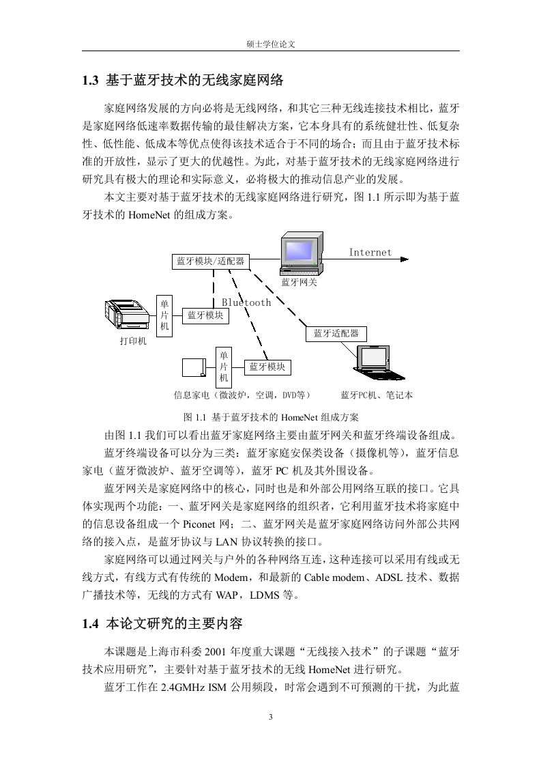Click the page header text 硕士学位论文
pyautogui.click(x=271, y=44)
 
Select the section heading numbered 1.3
pyautogui.click(x=183, y=80)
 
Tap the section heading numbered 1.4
pyautogui.click(x=162, y=624)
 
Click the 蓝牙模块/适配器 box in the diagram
pyautogui.click(x=210, y=261)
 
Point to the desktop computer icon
pyautogui.click(x=301, y=253)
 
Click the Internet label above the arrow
pyautogui.click(x=370, y=253)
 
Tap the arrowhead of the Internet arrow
pyautogui.click(x=405, y=259)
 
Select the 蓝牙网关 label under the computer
pyautogui.click(x=299, y=283)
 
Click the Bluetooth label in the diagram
pyautogui.click(x=246, y=302)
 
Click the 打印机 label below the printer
pyautogui.click(x=133, y=341)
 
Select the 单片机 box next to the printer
pyautogui.click(x=164, y=315)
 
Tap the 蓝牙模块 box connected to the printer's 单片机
pyautogui.click(x=205, y=315)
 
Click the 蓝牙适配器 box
pyautogui.click(x=336, y=334)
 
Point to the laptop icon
pyautogui.click(x=379, y=363)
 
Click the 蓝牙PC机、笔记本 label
pyautogui.click(x=377, y=395)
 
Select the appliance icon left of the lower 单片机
pyautogui.click(x=194, y=368)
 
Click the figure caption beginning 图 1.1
pyautogui.click(x=270, y=417)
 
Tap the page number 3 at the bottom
pyautogui.click(x=270, y=717)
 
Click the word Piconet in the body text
pyautogui.click(x=199, y=524)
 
